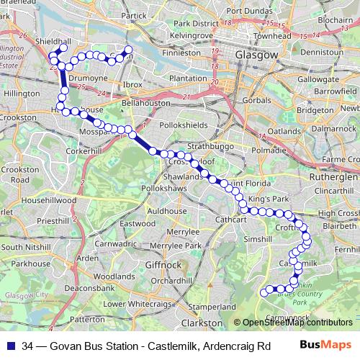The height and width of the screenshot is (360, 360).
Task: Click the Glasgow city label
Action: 256,55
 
